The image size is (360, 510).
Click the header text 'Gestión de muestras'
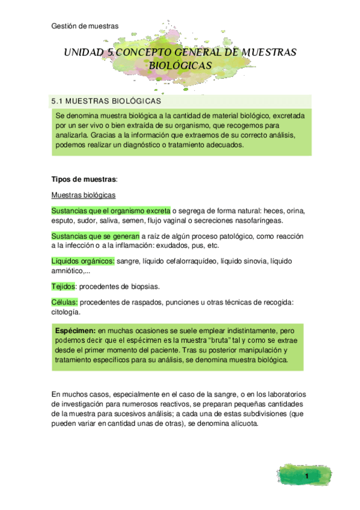pos(85,26)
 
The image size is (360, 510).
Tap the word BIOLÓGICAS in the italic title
pos(180,65)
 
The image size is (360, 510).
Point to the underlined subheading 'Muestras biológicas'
pos(84,195)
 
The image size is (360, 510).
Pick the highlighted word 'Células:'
pos(64,302)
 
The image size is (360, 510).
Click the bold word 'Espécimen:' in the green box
pos(75,331)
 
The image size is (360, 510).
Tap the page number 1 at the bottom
pos(307,477)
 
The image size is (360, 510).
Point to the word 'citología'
pos(66,312)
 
